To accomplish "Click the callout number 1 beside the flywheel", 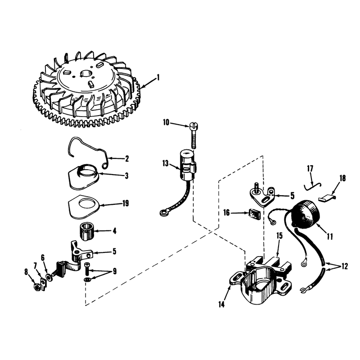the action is point(158,78).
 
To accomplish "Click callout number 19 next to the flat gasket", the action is point(126,203).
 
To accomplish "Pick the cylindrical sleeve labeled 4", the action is point(86,231).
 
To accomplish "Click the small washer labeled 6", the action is point(49,277).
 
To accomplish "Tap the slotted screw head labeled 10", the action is point(194,126).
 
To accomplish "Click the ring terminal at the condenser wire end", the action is point(164,213).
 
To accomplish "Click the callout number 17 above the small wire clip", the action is point(310,169).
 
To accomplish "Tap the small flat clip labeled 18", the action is point(327,198).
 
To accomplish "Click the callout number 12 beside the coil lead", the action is point(344,266).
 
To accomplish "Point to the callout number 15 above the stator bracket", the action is point(279,236).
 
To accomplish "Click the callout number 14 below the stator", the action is point(221,305).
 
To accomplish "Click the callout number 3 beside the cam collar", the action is point(126,176).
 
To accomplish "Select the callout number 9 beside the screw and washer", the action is point(115,271).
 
